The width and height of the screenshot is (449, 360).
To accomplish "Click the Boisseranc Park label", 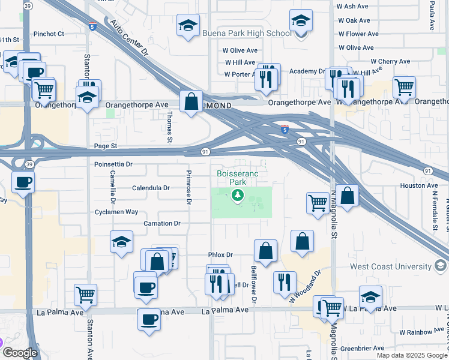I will [x=238, y=178].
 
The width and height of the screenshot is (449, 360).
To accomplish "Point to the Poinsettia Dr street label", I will [x=113, y=164].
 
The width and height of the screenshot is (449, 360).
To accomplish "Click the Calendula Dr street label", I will [x=151, y=188].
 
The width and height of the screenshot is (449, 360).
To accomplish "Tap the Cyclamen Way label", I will [x=116, y=212].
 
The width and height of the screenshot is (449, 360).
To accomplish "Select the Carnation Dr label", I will [x=162, y=223].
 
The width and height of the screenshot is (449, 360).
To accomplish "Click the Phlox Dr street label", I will [x=220, y=255].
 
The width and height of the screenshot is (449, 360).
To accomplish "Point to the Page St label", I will [x=105, y=146].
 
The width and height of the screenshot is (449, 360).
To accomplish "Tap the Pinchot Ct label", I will [x=49, y=34].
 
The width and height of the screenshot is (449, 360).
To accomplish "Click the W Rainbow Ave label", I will [x=421, y=332].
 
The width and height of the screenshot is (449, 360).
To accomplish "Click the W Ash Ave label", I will [x=353, y=6].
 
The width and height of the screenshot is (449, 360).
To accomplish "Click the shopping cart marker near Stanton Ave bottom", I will [x=86, y=295].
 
